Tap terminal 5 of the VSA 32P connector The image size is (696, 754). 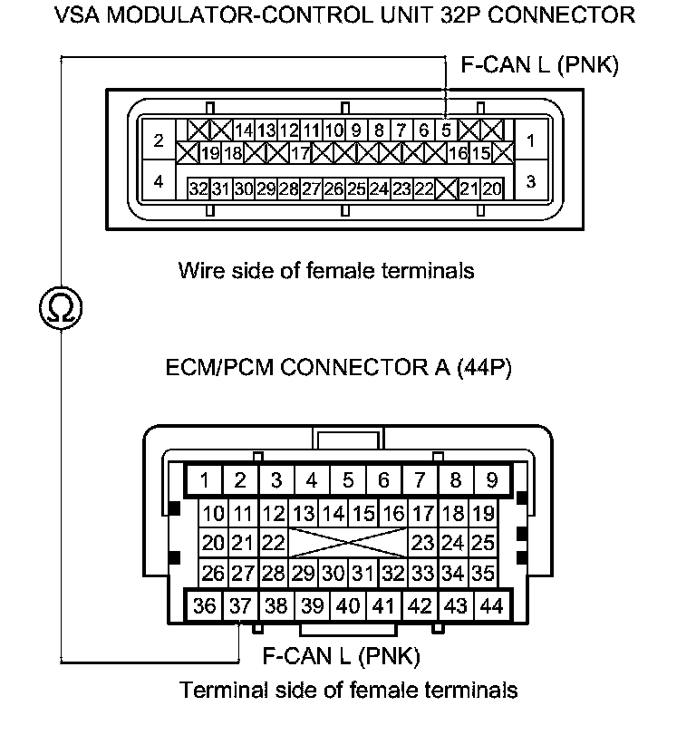446,130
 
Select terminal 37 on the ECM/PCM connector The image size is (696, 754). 240,605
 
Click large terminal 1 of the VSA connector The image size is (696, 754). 530,140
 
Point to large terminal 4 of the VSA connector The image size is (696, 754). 159,181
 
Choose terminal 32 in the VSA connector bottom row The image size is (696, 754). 198,188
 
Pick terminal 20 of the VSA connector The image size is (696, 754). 491,188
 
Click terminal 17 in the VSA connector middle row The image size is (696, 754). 301,153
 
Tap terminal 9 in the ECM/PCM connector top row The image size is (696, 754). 492,480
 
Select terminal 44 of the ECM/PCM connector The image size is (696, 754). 492,605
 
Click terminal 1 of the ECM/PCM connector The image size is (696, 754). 206,480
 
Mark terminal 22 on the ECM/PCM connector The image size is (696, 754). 273,544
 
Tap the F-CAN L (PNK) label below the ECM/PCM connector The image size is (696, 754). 341,655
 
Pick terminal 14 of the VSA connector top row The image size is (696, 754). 243,130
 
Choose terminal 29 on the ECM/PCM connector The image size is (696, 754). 304,573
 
